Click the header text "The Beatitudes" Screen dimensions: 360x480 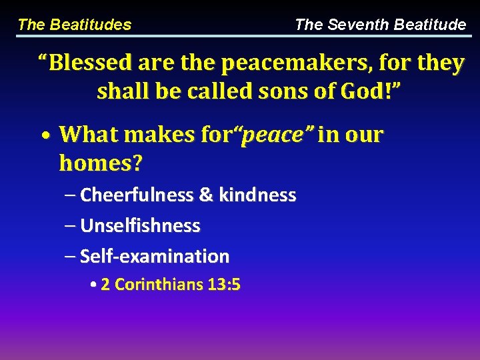[x=74, y=25]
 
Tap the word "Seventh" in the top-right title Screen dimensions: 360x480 [x=358, y=25]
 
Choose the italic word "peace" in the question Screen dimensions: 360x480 [x=273, y=135]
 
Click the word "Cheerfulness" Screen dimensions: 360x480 [x=137, y=195]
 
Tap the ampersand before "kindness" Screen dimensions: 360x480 [x=206, y=195]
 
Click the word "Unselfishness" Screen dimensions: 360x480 [x=140, y=226]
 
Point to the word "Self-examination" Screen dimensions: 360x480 [x=155, y=256]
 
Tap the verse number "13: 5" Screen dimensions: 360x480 [x=224, y=285]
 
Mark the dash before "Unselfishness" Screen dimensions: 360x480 [x=71, y=227]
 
